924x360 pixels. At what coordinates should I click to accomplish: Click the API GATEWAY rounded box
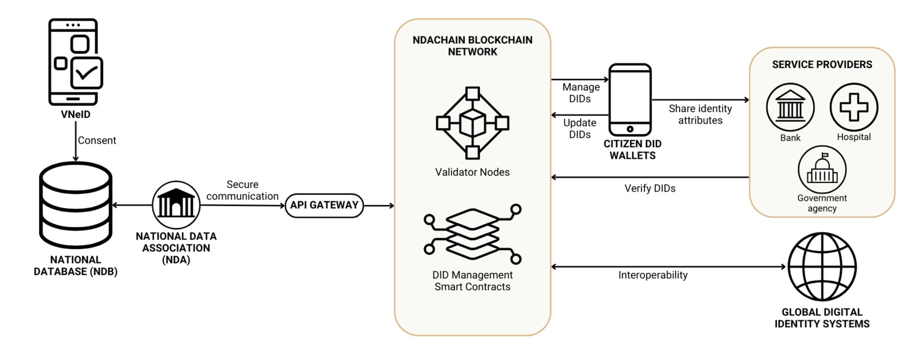click(x=324, y=205)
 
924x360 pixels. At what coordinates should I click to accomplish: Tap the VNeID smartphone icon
click(x=75, y=61)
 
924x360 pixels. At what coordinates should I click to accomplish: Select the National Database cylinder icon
click(x=75, y=206)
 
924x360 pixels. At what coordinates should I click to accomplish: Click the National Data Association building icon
click(x=176, y=205)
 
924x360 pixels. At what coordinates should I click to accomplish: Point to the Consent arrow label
click(x=97, y=140)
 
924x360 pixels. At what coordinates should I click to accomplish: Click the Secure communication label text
click(x=242, y=190)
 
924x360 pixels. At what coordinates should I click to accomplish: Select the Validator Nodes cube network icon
click(x=472, y=123)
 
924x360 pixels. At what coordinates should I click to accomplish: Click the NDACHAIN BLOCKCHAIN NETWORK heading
click(x=472, y=46)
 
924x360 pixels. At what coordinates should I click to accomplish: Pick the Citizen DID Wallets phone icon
click(x=630, y=100)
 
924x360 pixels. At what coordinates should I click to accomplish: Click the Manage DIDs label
click(x=581, y=92)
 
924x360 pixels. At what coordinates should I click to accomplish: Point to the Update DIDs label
click(x=580, y=129)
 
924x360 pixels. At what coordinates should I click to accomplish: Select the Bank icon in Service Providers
click(x=790, y=107)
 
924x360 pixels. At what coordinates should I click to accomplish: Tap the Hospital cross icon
click(x=854, y=107)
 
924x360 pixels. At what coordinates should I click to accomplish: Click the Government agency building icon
click(x=822, y=170)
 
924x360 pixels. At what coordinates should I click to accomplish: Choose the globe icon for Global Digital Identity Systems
click(x=822, y=267)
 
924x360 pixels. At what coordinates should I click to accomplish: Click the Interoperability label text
click(x=653, y=275)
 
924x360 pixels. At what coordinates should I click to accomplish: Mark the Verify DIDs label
click(x=650, y=189)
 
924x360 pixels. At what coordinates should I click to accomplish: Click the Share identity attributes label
click(x=700, y=115)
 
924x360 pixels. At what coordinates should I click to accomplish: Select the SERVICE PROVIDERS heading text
click(x=822, y=65)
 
